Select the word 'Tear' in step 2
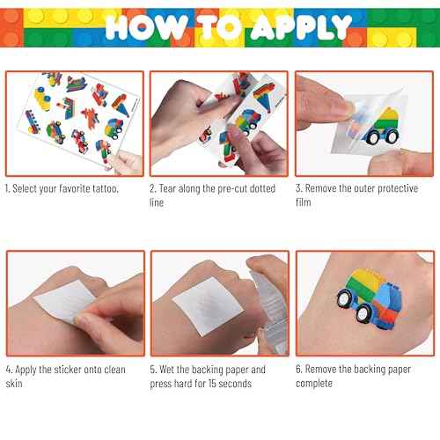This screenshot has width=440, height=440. pyautogui.click(x=172, y=189)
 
